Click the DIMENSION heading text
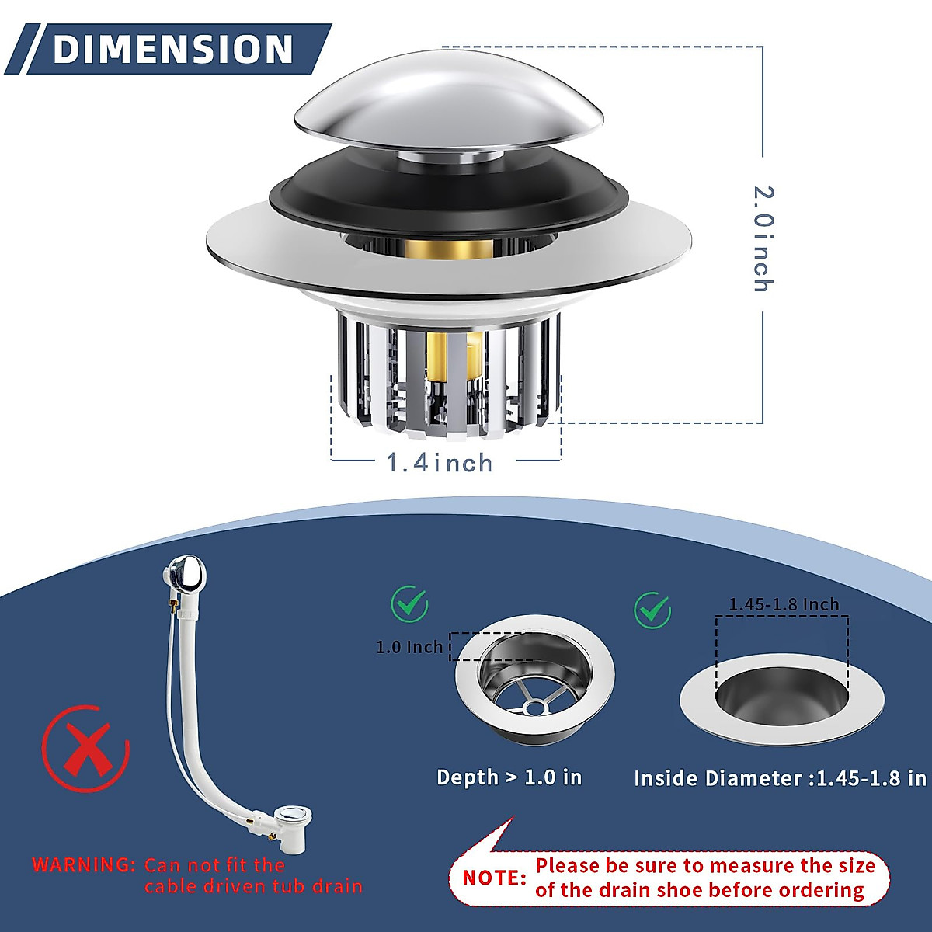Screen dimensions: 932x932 [172, 49]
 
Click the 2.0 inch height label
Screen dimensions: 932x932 [763, 238]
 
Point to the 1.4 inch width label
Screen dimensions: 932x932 [440, 464]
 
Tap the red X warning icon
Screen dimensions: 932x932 [85, 749]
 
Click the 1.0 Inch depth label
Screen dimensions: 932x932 [409, 647]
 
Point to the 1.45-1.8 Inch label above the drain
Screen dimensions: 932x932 [783, 604]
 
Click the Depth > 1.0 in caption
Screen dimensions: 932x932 [509, 777]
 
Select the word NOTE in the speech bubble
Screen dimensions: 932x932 [495, 878]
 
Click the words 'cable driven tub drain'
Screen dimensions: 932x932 [253, 886]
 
